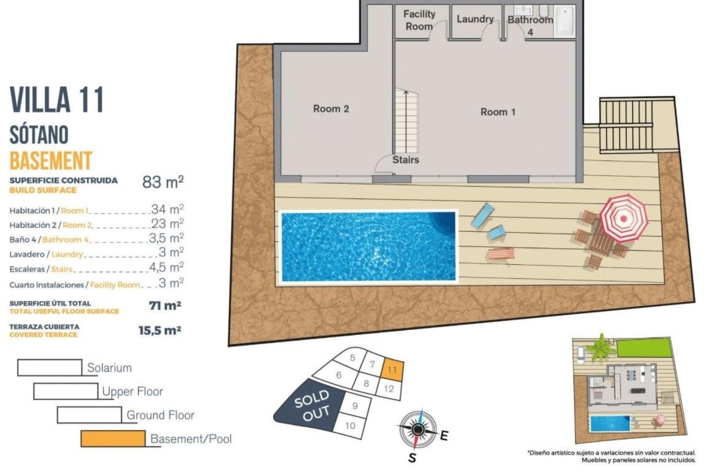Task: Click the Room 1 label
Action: (x=497, y=112)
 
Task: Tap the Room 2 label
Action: (x=331, y=109)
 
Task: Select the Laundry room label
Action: (x=475, y=19)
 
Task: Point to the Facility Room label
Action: (x=419, y=20)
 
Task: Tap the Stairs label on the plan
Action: (x=405, y=160)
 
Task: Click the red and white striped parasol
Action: (x=624, y=218)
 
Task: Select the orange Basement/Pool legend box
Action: (x=113, y=438)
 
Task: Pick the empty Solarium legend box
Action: (x=50, y=367)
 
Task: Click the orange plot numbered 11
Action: (x=392, y=370)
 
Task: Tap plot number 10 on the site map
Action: (x=350, y=425)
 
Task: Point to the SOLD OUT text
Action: (x=312, y=405)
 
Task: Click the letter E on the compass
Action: (x=444, y=436)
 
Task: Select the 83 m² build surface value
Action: (x=162, y=182)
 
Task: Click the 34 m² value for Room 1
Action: (x=167, y=210)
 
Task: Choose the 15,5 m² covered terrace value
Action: (x=160, y=330)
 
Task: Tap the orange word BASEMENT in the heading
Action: (x=51, y=161)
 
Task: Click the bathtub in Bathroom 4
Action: (x=565, y=21)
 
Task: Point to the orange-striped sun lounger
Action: (x=501, y=254)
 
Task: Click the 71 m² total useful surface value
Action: (x=165, y=306)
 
